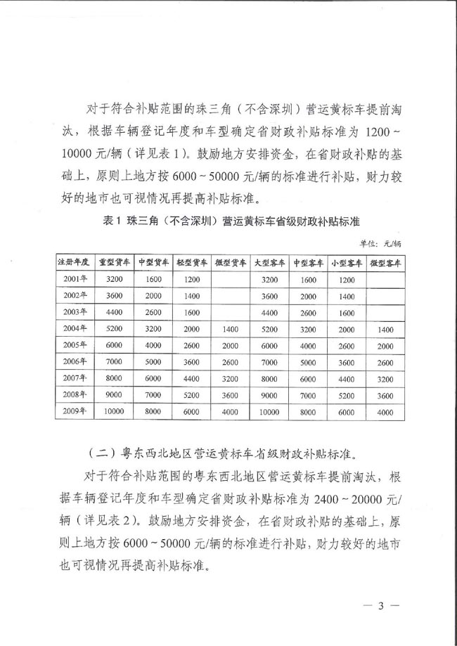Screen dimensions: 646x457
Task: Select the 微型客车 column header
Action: click(385, 262)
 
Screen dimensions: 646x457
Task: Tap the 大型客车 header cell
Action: click(269, 262)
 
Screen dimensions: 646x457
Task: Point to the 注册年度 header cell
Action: click(75, 262)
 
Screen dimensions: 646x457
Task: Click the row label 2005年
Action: click(75, 345)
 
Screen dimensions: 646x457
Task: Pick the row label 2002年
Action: click(75, 296)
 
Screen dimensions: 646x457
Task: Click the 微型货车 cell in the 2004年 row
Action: click(231, 328)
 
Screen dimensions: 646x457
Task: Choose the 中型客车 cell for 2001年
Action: click(308, 279)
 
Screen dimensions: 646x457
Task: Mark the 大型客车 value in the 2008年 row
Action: click(269, 395)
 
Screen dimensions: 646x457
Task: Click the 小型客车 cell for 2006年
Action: click(346, 362)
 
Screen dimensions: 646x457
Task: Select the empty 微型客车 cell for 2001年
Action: click(385, 279)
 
